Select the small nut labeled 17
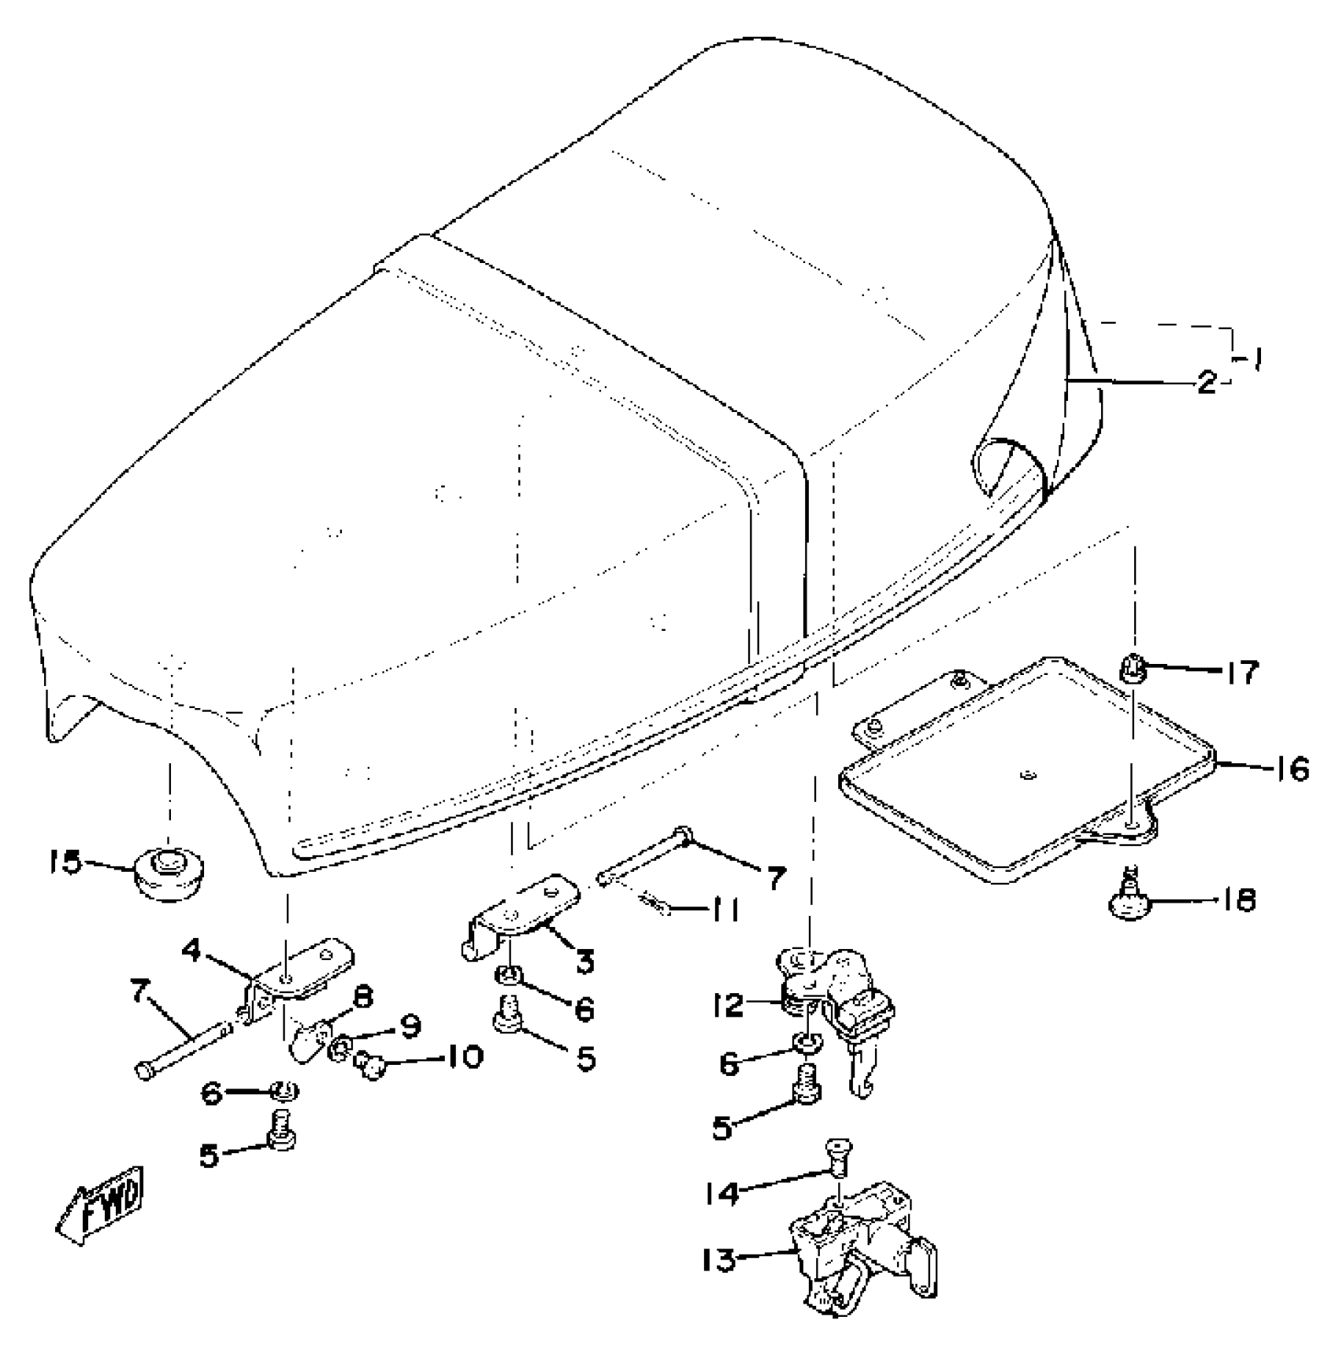pyautogui.click(x=1131, y=670)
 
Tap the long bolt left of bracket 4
pyautogui.click(x=187, y=1048)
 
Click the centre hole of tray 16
pyautogui.click(x=1025, y=777)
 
